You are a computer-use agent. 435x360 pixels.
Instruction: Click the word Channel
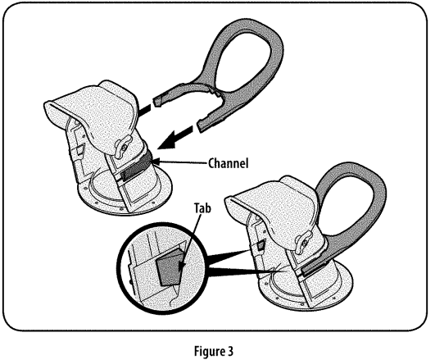[228, 163]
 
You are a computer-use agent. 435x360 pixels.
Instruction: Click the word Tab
[202, 208]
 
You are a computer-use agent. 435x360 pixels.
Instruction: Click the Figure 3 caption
[214, 350]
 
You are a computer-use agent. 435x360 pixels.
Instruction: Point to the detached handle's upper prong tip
[157, 102]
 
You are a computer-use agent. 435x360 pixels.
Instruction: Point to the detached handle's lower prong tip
[201, 125]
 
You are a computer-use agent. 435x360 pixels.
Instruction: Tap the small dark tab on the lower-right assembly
[261, 245]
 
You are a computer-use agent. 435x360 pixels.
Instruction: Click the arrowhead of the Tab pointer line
[182, 266]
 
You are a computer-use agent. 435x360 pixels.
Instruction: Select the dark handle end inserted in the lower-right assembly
[314, 267]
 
